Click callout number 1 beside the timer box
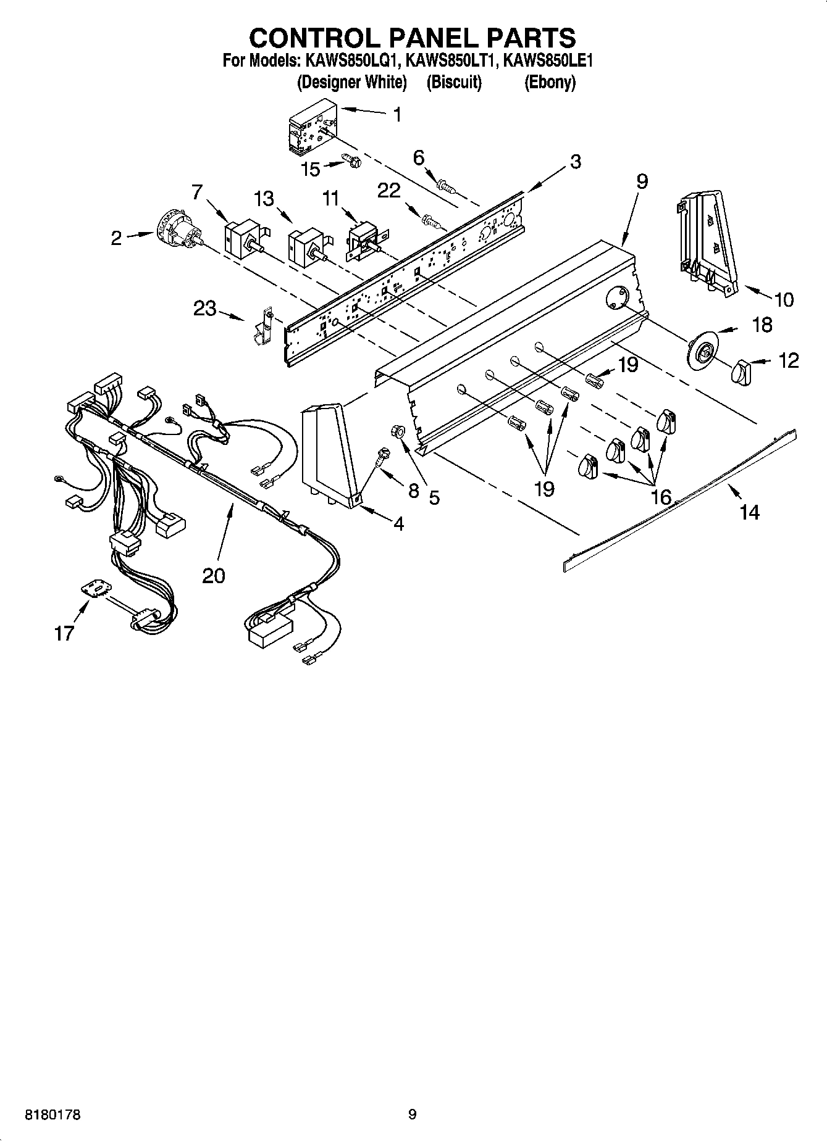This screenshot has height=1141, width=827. click(x=397, y=115)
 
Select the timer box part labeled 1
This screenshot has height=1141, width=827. click(x=309, y=127)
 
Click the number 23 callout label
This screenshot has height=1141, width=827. click(x=205, y=308)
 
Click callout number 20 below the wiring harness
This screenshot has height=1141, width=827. click(x=214, y=575)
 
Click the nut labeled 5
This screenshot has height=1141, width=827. click(x=398, y=432)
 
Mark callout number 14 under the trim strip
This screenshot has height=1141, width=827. click(x=749, y=512)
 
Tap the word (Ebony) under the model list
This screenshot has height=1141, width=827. click(x=550, y=82)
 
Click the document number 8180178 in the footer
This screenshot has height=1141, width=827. click(x=52, y=1115)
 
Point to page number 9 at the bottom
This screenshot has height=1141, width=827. click(x=413, y=1114)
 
